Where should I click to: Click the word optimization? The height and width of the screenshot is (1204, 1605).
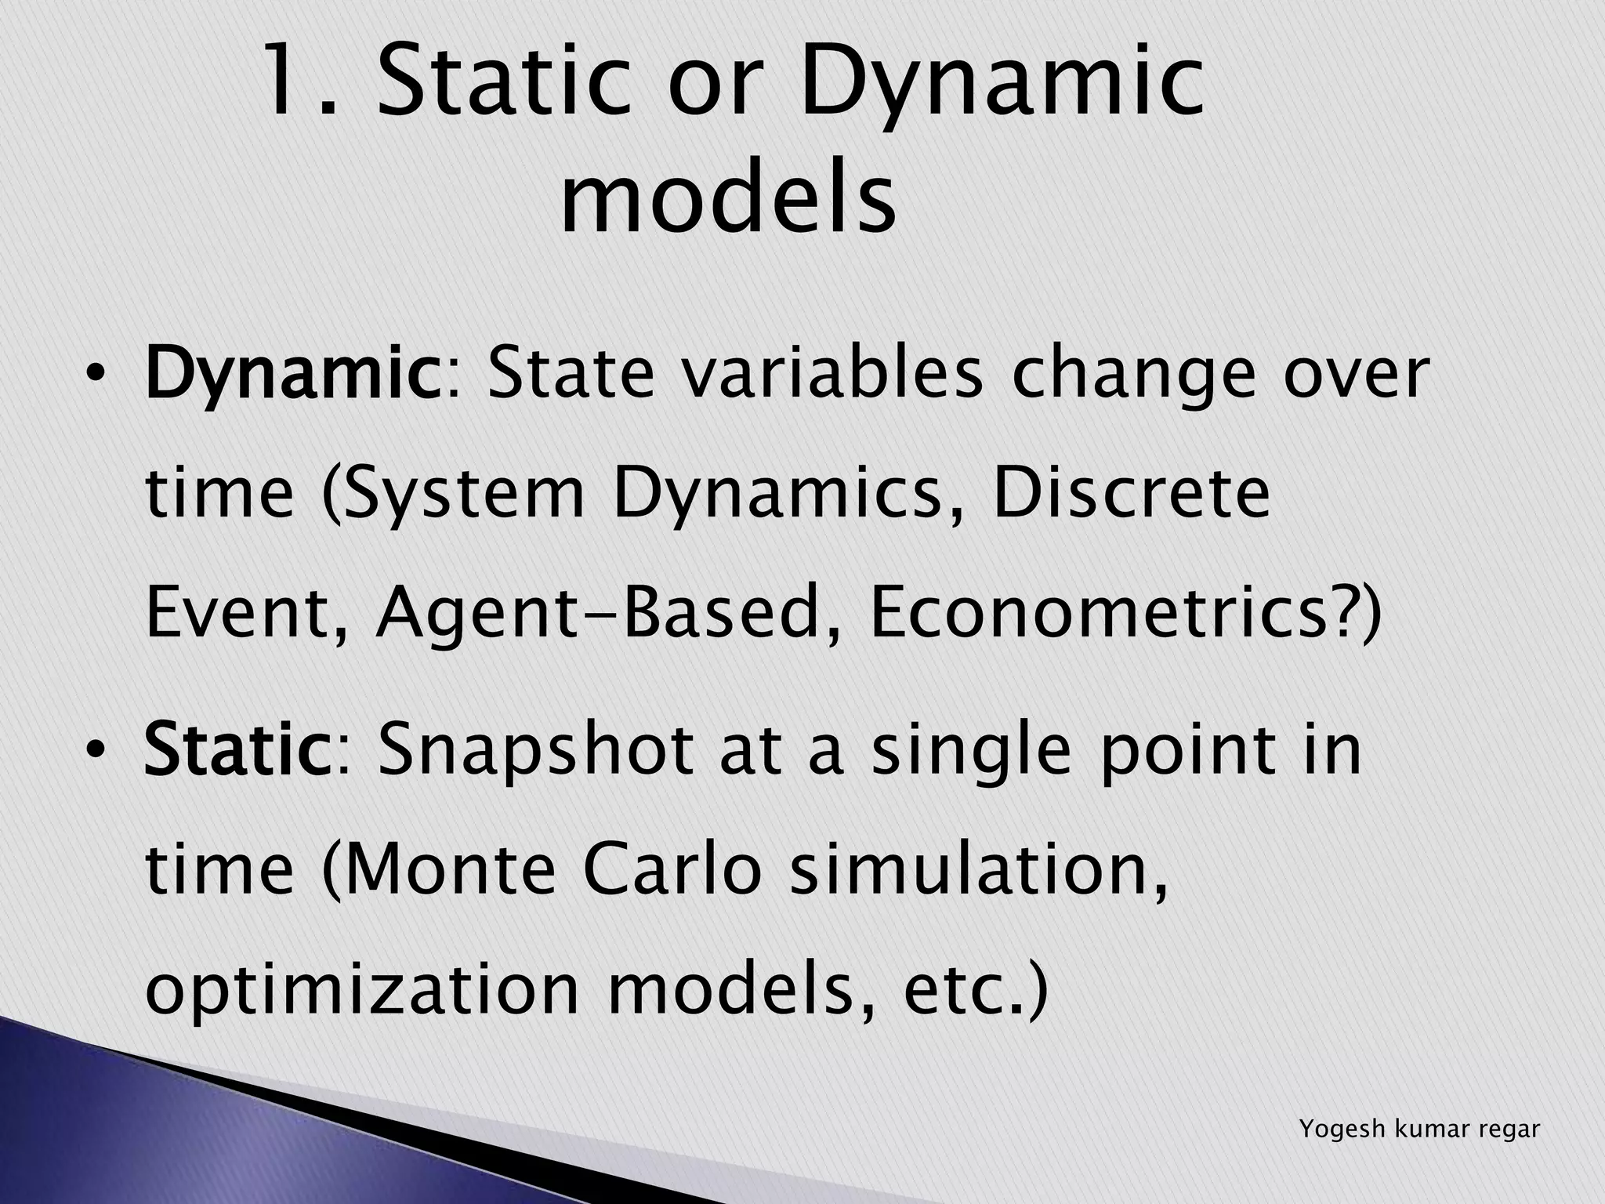361,992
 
